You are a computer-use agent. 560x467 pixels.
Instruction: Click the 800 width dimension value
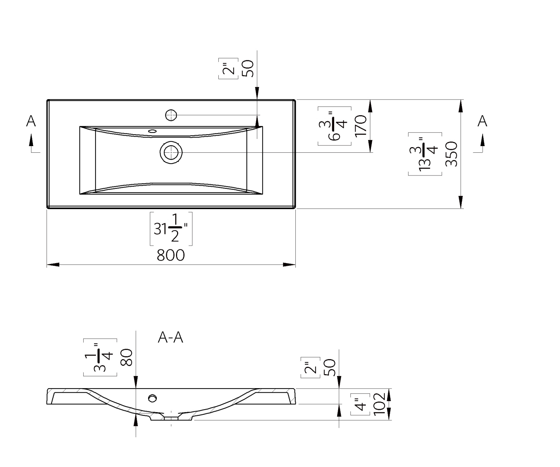(171, 255)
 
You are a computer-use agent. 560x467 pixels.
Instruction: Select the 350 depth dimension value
(451, 154)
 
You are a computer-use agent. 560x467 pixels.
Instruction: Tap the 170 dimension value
(360, 125)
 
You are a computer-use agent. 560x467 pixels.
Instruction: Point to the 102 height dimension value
(380, 404)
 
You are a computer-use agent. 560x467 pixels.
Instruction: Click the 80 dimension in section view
(126, 357)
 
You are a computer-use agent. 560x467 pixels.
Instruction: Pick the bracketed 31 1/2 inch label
(171, 228)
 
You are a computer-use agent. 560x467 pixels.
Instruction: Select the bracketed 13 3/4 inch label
(425, 154)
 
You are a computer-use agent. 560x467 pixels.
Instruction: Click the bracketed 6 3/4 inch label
(334, 126)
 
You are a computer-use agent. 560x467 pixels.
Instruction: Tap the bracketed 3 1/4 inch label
(100, 357)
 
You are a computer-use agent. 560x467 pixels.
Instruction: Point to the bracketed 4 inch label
(360, 404)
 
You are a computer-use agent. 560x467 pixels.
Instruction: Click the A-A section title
(171, 337)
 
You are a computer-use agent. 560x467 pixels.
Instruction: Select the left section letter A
(31, 121)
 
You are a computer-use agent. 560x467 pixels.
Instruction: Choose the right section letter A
(482, 121)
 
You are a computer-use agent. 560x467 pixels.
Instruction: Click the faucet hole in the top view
(171, 115)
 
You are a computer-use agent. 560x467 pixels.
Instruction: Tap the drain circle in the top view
(171, 152)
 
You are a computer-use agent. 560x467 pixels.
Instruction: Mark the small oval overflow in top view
(152, 131)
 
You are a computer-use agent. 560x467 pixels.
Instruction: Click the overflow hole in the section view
(153, 398)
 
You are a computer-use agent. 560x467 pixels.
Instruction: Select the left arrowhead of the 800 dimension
(53, 265)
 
